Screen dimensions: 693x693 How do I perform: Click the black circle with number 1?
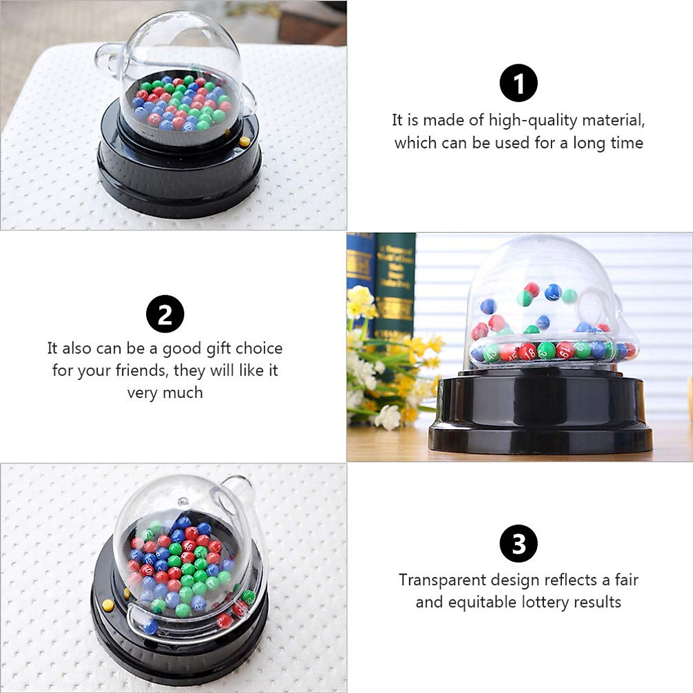(x=519, y=83)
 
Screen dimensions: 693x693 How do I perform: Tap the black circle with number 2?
(x=165, y=314)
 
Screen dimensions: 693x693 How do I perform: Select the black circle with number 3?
(x=519, y=543)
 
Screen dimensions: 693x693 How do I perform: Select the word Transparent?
(x=442, y=580)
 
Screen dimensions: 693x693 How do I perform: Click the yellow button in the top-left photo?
(x=245, y=141)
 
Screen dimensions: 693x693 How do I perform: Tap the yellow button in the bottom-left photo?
(x=108, y=605)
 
